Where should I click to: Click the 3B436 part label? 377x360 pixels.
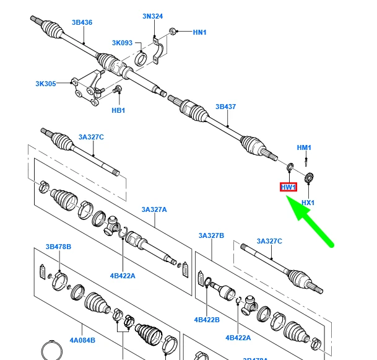(x=82, y=22)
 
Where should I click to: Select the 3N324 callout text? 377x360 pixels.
(x=152, y=16)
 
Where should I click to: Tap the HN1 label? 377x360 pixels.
(x=199, y=32)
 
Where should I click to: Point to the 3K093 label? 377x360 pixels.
(x=122, y=43)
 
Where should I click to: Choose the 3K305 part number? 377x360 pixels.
(x=45, y=84)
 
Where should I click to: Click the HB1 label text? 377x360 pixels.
(x=118, y=110)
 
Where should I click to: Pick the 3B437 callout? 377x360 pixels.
(x=225, y=107)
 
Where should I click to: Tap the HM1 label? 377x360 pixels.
(x=304, y=147)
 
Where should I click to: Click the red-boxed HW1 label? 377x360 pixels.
(x=288, y=187)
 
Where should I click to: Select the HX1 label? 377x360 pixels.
(x=308, y=203)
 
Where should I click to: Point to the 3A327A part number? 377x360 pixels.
(x=154, y=209)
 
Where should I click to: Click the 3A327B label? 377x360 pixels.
(x=211, y=235)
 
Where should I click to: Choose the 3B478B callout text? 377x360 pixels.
(x=58, y=247)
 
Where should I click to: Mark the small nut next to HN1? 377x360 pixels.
(x=176, y=30)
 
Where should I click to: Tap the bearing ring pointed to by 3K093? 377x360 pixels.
(x=141, y=59)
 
